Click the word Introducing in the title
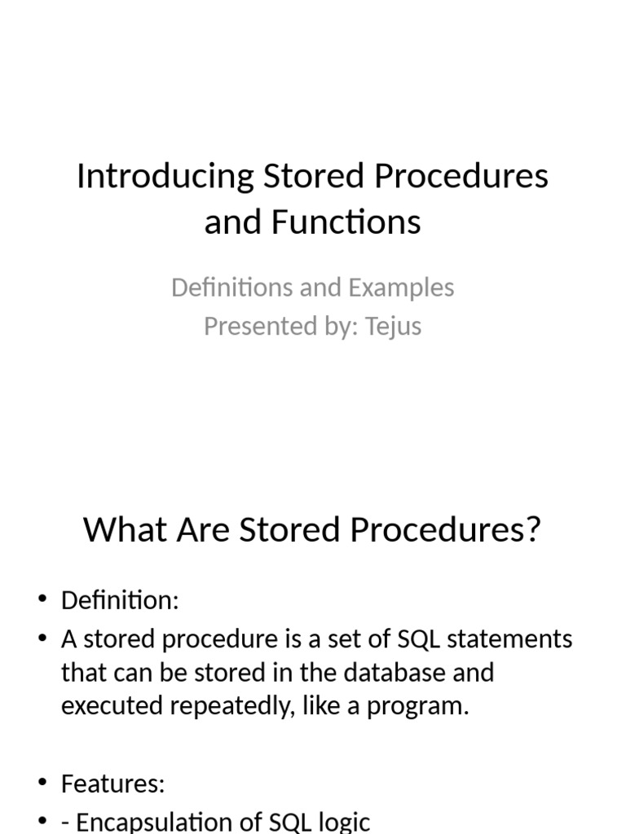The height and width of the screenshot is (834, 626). (x=165, y=177)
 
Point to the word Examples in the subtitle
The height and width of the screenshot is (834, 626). (x=401, y=288)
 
